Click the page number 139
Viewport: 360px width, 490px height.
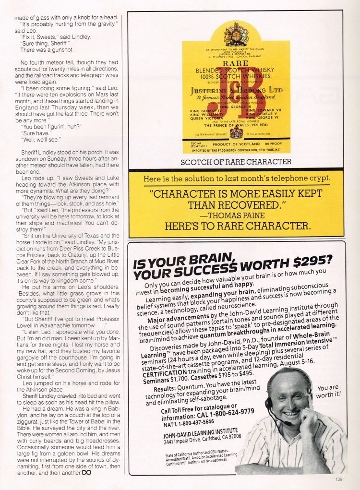pyautogui.click(x=339, y=478)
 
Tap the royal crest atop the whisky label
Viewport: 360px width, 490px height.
pyautogui.click(x=236, y=34)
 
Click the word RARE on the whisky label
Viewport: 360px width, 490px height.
pyautogui.click(x=236, y=63)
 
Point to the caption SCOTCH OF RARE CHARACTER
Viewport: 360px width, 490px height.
pyautogui.click(x=236, y=162)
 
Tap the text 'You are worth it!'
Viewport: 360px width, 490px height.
pyautogui.click(x=328, y=391)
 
